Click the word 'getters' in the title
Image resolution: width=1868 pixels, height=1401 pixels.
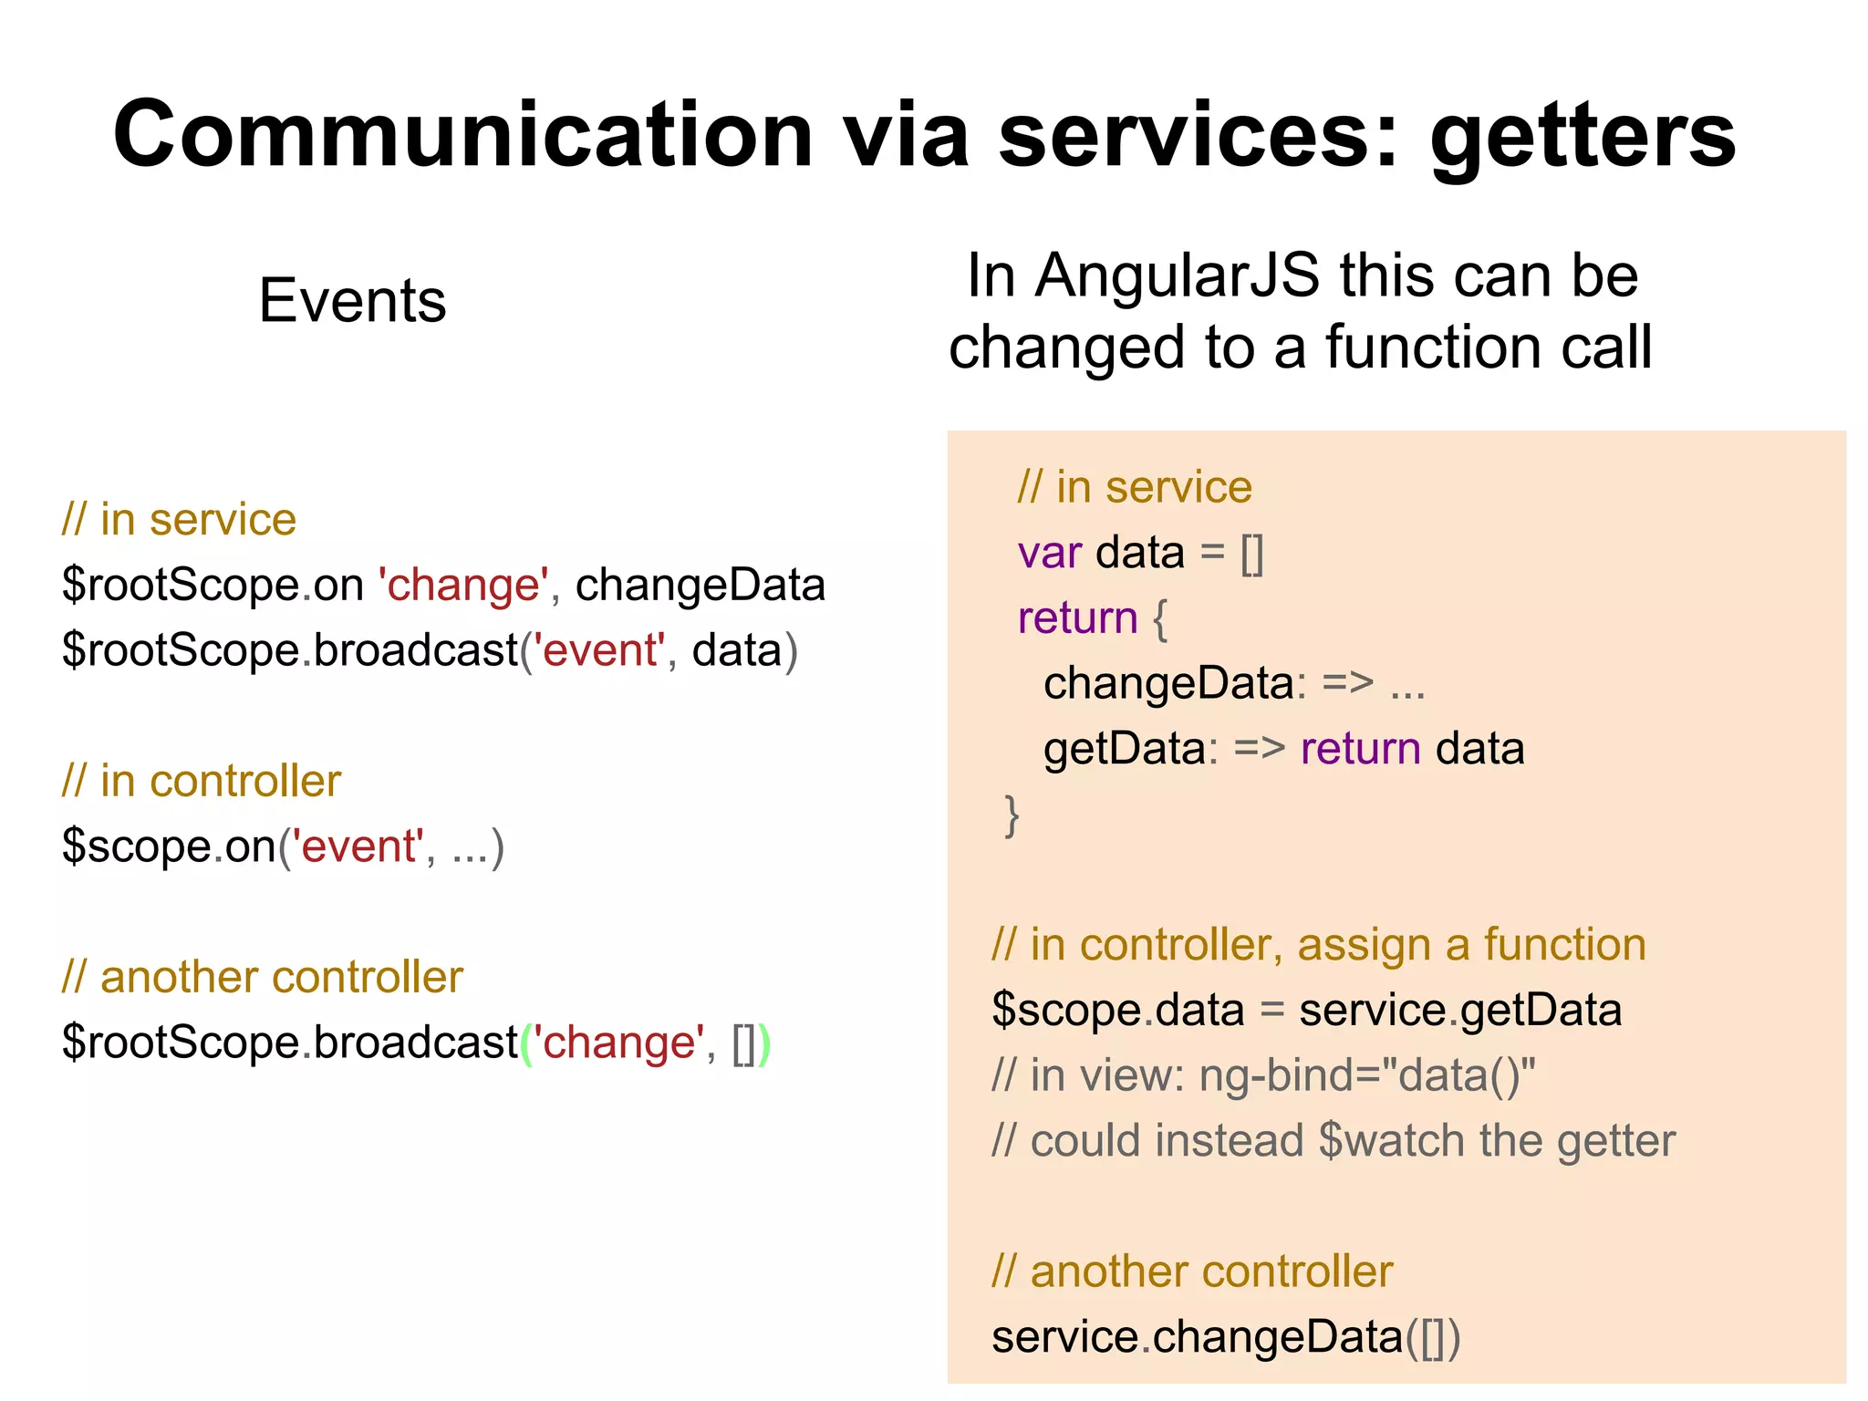click(x=1582, y=137)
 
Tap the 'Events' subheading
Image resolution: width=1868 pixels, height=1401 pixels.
click(x=352, y=301)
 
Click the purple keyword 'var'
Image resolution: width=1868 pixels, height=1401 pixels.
click(x=1050, y=553)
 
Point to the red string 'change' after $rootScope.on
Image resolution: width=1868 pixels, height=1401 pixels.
click(x=463, y=585)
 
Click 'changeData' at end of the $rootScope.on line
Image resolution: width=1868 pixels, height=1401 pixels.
click(x=700, y=585)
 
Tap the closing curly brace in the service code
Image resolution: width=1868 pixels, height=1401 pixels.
click(x=1012, y=815)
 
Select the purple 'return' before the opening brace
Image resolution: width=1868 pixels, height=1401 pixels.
click(x=1077, y=618)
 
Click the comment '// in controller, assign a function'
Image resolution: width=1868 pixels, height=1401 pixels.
click(x=1318, y=945)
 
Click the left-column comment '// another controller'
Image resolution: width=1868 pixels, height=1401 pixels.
click(x=263, y=978)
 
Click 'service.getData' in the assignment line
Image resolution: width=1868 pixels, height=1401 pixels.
click(x=1459, y=1011)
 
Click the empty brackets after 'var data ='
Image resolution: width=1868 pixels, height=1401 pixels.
click(x=1252, y=554)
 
